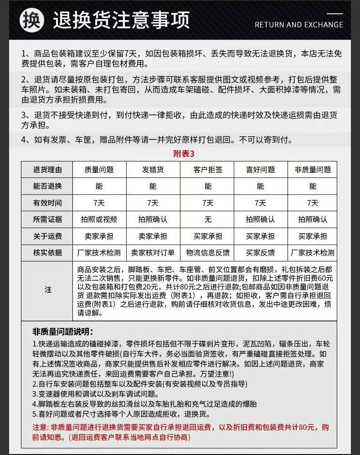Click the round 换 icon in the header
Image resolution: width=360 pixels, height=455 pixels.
click(32, 20)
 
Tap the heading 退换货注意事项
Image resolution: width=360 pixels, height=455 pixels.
click(121, 21)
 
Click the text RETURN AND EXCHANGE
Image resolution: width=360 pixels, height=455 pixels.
click(298, 25)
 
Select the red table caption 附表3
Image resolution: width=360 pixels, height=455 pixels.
click(184, 154)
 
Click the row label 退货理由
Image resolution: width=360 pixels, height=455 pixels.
click(47, 170)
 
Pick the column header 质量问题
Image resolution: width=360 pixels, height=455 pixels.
click(99, 170)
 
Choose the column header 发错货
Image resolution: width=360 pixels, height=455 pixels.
click(153, 170)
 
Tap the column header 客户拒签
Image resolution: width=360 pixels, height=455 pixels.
click(208, 170)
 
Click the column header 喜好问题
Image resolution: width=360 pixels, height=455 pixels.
click(260, 170)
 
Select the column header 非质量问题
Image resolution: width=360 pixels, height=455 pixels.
click(313, 170)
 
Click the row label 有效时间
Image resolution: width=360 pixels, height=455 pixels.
click(47, 203)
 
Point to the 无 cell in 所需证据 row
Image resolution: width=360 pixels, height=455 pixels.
click(208, 219)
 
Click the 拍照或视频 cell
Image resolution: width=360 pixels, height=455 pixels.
click(99, 219)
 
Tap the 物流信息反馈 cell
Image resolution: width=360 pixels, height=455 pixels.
click(208, 253)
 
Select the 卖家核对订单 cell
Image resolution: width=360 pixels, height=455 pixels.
click(153, 253)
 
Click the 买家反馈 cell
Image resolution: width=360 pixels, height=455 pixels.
click(260, 253)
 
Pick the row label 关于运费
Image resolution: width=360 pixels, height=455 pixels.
click(47, 236)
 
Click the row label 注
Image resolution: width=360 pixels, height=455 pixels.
click(48, 290)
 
